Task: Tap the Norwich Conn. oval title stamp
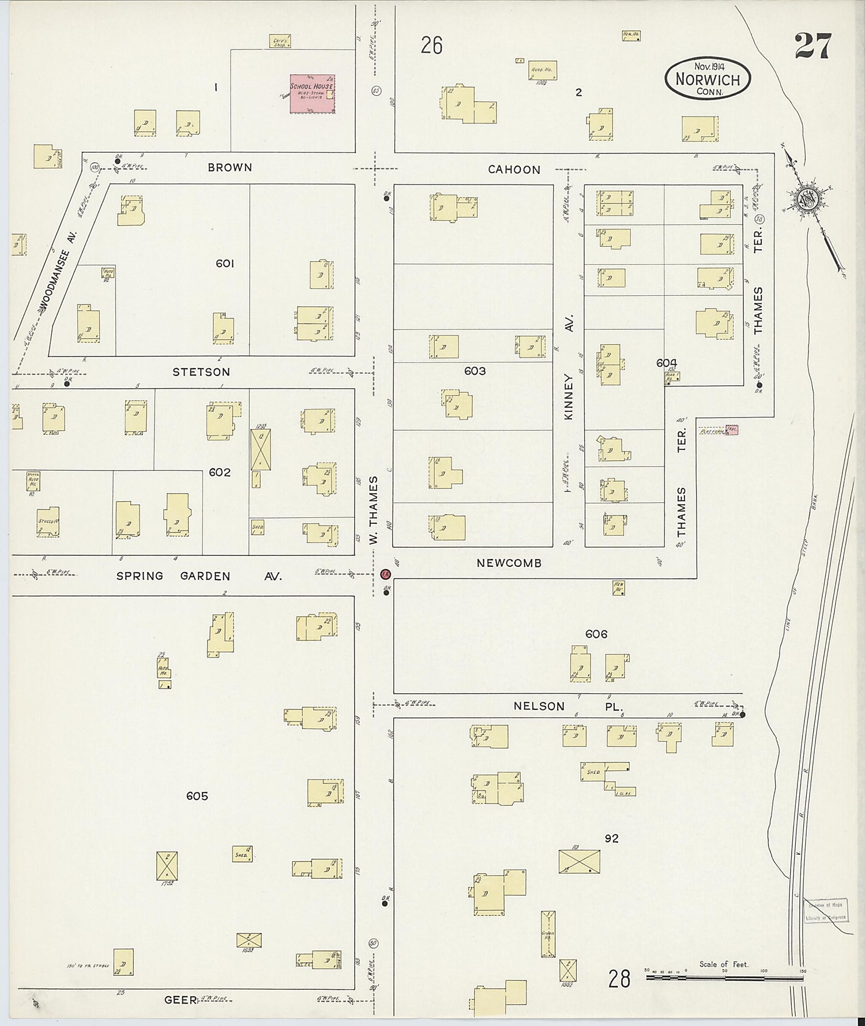tap(708, 80)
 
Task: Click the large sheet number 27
tap(813, 46)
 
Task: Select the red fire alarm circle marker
tap(386, 574)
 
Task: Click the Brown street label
tap(230, 168)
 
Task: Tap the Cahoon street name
tap(514, 170)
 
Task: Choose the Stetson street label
tap(201, 372)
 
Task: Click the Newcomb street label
tap(509, 563)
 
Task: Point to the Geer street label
tap(180, 1000)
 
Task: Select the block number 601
tap(225, 264)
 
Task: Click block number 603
tap(475, 371)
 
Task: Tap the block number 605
tap(197, 796)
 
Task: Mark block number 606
tap(596, 634)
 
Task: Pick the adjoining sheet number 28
tap(619, 979)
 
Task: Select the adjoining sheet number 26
tap(431, 45)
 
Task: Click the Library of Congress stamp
tap(826, 912)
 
